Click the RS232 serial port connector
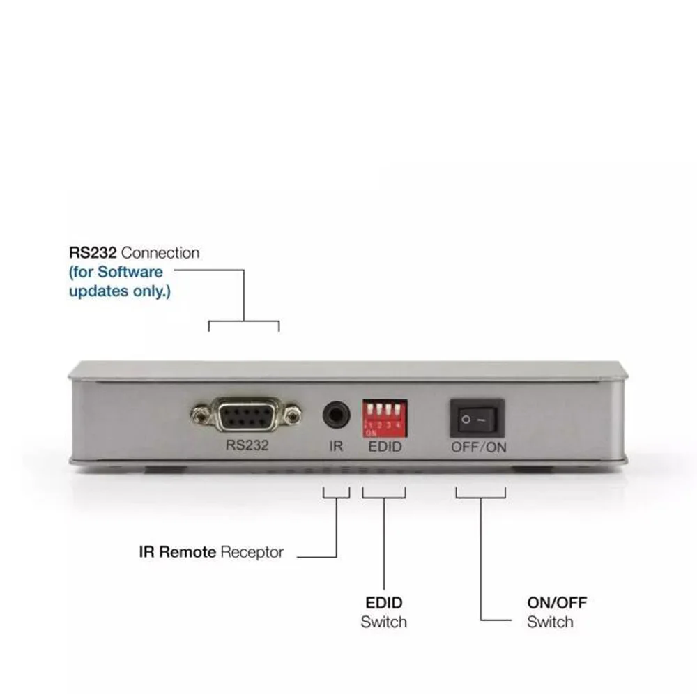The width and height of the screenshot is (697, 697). coord(245,417)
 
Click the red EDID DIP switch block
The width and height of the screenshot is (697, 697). coord(383,418)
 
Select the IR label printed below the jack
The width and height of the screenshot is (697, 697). coord(336,446)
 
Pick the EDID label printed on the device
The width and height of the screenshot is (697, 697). coord(385,446)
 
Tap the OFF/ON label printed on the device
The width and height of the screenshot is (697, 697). coord(478,447)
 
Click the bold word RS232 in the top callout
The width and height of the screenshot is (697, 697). coord(93,253)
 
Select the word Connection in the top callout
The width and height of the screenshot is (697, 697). coord(160,253)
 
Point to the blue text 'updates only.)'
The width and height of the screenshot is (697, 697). coord(119,291)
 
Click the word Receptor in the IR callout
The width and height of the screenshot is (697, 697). coord(252,552)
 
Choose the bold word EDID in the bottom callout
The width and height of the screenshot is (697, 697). coord(384,602)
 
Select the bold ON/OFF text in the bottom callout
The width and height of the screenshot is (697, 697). coord(557,602)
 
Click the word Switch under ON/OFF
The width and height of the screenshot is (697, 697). coord(550,622)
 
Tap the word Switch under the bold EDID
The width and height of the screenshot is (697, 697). coord(384,622)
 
